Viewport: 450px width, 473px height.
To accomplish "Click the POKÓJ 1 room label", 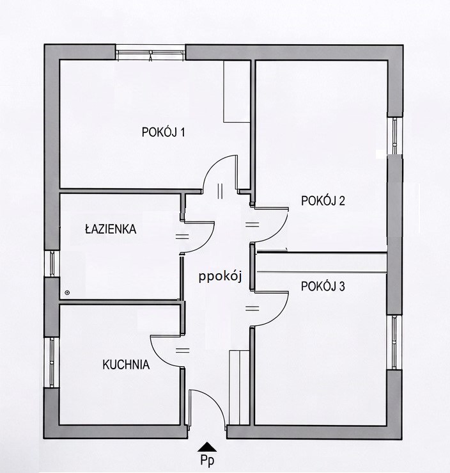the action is (163, 132).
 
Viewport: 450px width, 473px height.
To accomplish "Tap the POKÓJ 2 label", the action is (323, 200).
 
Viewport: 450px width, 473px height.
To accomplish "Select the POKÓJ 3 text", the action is (323, 286).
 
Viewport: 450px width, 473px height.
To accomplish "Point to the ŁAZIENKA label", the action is (111, 229).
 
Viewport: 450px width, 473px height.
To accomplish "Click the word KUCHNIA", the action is (126, 365).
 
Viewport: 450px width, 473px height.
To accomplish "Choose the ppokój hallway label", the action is (220, 277).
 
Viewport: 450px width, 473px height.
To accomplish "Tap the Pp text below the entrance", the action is (207, 460).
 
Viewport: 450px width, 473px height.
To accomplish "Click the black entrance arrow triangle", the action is (207, 447).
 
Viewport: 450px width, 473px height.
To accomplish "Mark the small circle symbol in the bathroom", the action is (67, 292).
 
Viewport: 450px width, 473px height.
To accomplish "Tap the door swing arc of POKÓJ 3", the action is (279, 316).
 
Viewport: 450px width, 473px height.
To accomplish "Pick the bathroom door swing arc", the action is (205, 243).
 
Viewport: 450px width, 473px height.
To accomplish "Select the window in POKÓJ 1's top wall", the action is (150, 52).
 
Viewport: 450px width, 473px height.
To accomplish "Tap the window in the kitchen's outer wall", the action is (52, 362).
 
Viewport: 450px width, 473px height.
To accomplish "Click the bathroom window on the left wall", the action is (52, 263).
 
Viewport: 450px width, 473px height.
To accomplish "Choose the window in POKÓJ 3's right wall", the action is (394, 342).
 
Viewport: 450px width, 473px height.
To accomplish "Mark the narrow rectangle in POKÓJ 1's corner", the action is (237, 91).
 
